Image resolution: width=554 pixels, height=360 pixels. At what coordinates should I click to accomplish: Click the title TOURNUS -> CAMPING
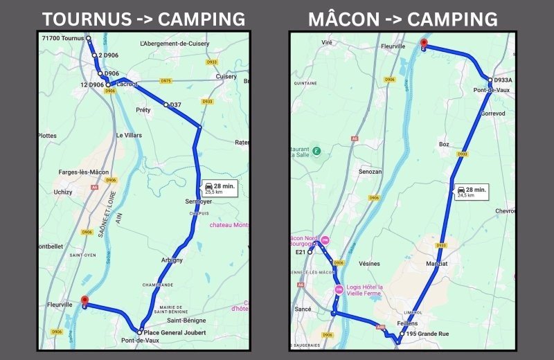tap(143, 19)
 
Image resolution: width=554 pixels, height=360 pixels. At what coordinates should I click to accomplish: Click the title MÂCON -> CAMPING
tap(403, 19)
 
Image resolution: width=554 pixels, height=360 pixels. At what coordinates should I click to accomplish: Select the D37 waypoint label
tap(175, 105)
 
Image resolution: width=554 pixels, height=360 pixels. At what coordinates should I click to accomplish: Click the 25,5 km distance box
tap(220, 188)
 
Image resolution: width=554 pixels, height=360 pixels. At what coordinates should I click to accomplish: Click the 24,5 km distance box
tap(472, 192)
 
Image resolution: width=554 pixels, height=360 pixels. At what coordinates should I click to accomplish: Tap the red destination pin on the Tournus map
tap(84, 300)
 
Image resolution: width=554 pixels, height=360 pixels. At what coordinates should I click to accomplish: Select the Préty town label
tap(143, 110)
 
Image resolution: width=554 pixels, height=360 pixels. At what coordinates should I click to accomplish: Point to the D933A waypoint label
tap(503, 80)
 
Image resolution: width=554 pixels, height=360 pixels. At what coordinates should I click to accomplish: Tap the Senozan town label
tap(370, 171)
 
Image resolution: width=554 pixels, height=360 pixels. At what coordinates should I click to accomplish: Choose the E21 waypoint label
tap(301, 252)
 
